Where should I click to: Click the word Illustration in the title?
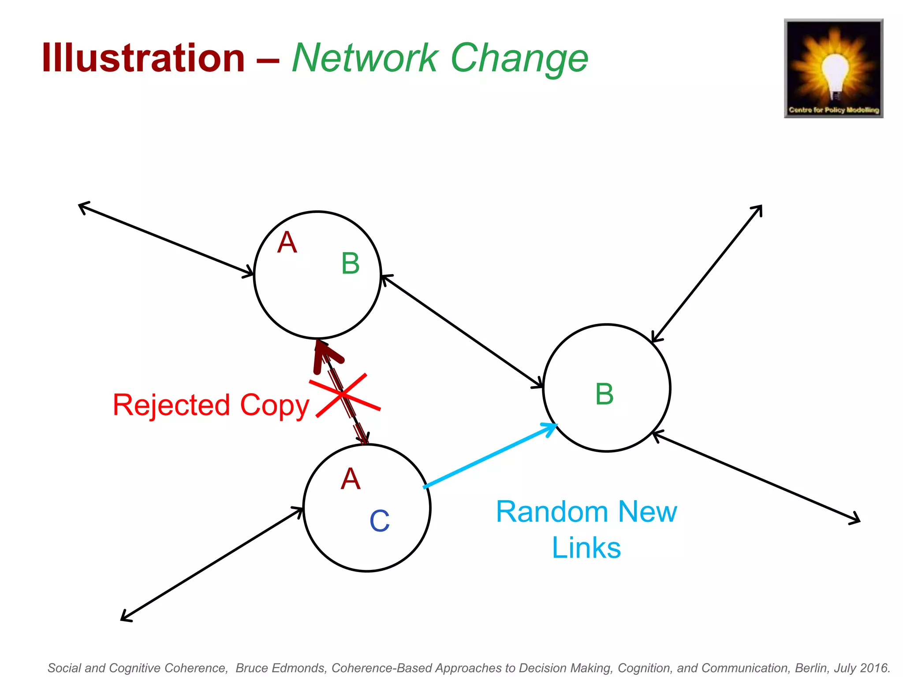click(x=143, y=58)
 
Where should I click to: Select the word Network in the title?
click(x=365, y=58)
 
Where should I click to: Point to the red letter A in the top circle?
click(x=287, y=242)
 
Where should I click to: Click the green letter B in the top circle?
click(x=351, y=264)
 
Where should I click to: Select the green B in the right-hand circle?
click(x=604, y=394)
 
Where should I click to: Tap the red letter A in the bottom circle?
click(x=351, y=479)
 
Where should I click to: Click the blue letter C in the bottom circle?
click(x=379, y=521)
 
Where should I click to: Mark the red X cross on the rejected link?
click(x=344, y=395)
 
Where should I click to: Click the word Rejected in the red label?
click(x=172, y=405)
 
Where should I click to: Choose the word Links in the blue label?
click(x=586, y=548)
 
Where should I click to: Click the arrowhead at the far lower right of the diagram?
click(x=855, y=519)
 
